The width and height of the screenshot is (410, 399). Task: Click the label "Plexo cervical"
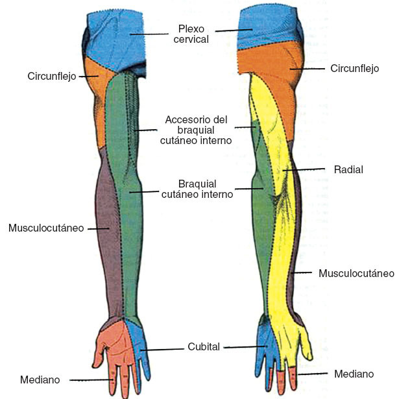pyautogui.click(x=193, y=34)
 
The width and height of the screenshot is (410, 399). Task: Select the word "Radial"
pyautogui.click(x=348, y=169)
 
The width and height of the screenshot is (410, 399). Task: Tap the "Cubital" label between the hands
pyautogui.click(x=204, y=346)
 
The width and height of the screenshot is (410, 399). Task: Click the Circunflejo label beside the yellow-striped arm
pyautogui.click(x=354, y=68)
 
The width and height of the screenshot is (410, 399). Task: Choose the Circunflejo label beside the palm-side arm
pyautogui.click(x=52, y=76)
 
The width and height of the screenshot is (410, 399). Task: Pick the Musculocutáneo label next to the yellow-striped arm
pyautogui.click(x=356, y=273)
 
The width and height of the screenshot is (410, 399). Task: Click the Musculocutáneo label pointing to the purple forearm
pyautogui.click(x=46, y=228)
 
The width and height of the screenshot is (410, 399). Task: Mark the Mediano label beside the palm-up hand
pyautogui.click(x=40, y=380)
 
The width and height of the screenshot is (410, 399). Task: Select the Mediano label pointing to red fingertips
pyautogui.click(x=354, y=374)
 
